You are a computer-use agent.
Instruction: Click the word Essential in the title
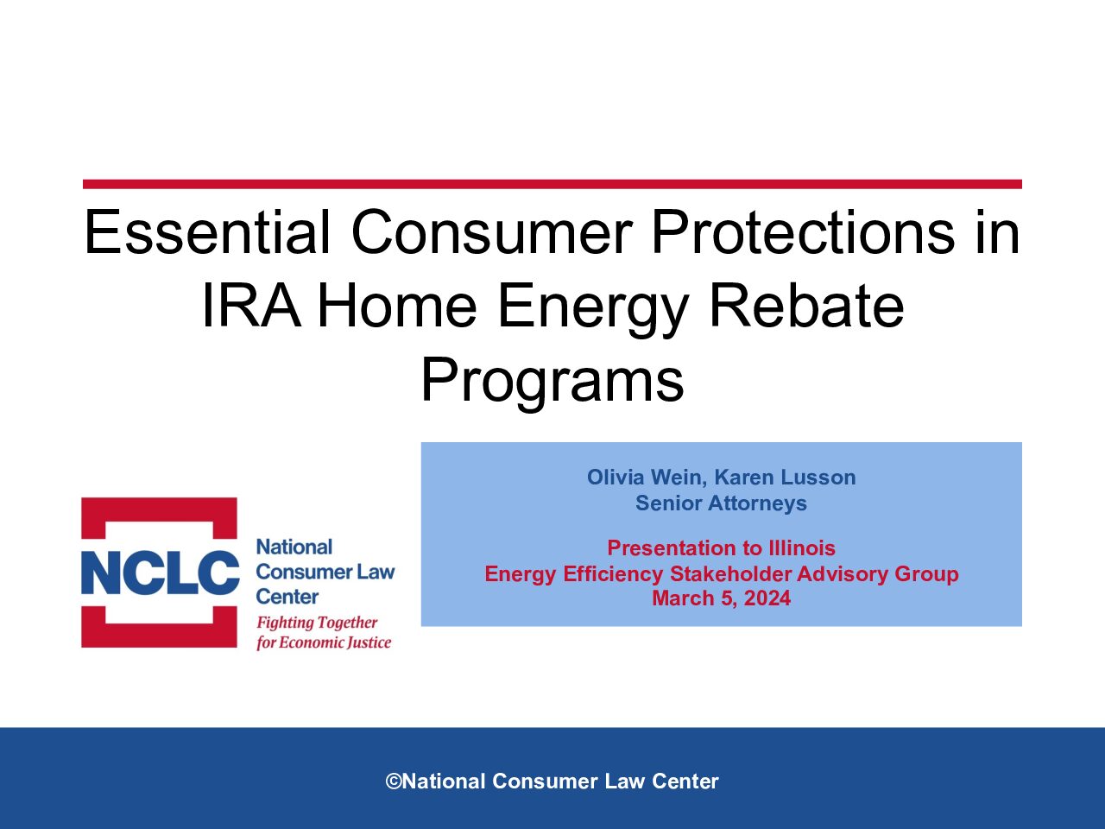(x=207, y=232)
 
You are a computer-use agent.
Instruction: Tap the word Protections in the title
(x=803, y=232)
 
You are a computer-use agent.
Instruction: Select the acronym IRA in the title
(x=251, y=306)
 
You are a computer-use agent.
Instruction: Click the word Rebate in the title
(x=806, y=306)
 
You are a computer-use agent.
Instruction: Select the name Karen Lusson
(x=786, y=478)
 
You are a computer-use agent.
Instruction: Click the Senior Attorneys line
(x=721, y=503)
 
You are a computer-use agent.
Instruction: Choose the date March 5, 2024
(x=721, y=598)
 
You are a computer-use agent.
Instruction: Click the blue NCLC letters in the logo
(x=160, y=573)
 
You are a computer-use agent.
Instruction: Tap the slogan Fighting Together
(x=317, y=623)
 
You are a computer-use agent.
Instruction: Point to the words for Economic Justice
(x=324, y=642)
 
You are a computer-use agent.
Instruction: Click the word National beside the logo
(x=294, y=547)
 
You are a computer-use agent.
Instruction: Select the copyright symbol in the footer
(x=393, y=782)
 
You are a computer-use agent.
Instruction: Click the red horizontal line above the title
(x=552, y=184)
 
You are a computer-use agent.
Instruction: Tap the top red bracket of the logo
(x=159, y=509)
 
